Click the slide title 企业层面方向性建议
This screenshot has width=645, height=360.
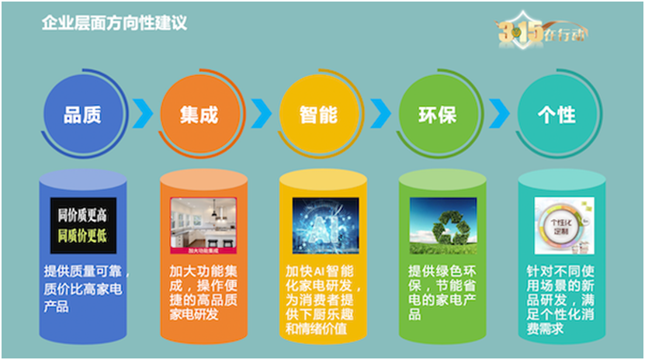114,23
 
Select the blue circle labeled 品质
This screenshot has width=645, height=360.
82,115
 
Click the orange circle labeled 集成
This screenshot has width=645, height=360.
201,115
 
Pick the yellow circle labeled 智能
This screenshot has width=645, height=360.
318,115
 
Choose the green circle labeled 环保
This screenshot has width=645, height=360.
437,115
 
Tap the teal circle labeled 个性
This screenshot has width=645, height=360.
556,115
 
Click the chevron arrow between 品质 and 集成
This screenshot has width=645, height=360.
142,114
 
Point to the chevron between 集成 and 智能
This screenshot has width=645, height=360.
262,114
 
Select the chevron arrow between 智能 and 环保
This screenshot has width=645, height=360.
380,114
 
